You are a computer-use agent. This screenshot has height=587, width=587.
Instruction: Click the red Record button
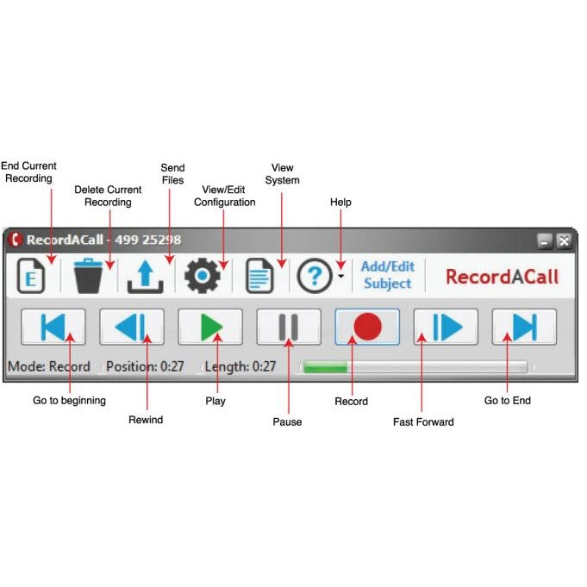367,327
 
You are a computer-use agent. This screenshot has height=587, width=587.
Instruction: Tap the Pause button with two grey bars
289,327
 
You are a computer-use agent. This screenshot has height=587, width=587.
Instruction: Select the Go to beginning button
53,327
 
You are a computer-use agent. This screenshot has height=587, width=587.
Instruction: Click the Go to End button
524,327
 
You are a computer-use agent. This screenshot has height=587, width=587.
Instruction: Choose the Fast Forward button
446,327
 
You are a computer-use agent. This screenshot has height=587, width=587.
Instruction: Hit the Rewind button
132,327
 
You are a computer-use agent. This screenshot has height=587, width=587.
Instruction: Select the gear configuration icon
203,276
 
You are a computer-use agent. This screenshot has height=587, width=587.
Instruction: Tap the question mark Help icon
315,276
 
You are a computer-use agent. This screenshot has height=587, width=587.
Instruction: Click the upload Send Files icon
145,276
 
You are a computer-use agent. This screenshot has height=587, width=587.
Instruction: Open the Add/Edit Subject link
388,276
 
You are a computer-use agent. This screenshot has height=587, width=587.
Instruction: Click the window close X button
563,241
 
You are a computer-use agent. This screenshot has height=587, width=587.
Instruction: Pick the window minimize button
545,241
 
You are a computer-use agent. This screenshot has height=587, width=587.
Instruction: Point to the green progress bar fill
324,367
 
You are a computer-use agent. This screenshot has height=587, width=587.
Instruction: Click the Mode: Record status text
49,366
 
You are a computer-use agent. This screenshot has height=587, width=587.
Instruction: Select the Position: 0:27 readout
146,366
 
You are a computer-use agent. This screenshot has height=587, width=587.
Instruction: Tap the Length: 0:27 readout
240,366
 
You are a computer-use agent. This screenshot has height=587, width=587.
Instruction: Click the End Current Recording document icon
31,276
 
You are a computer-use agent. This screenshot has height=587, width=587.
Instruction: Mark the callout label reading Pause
287,422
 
